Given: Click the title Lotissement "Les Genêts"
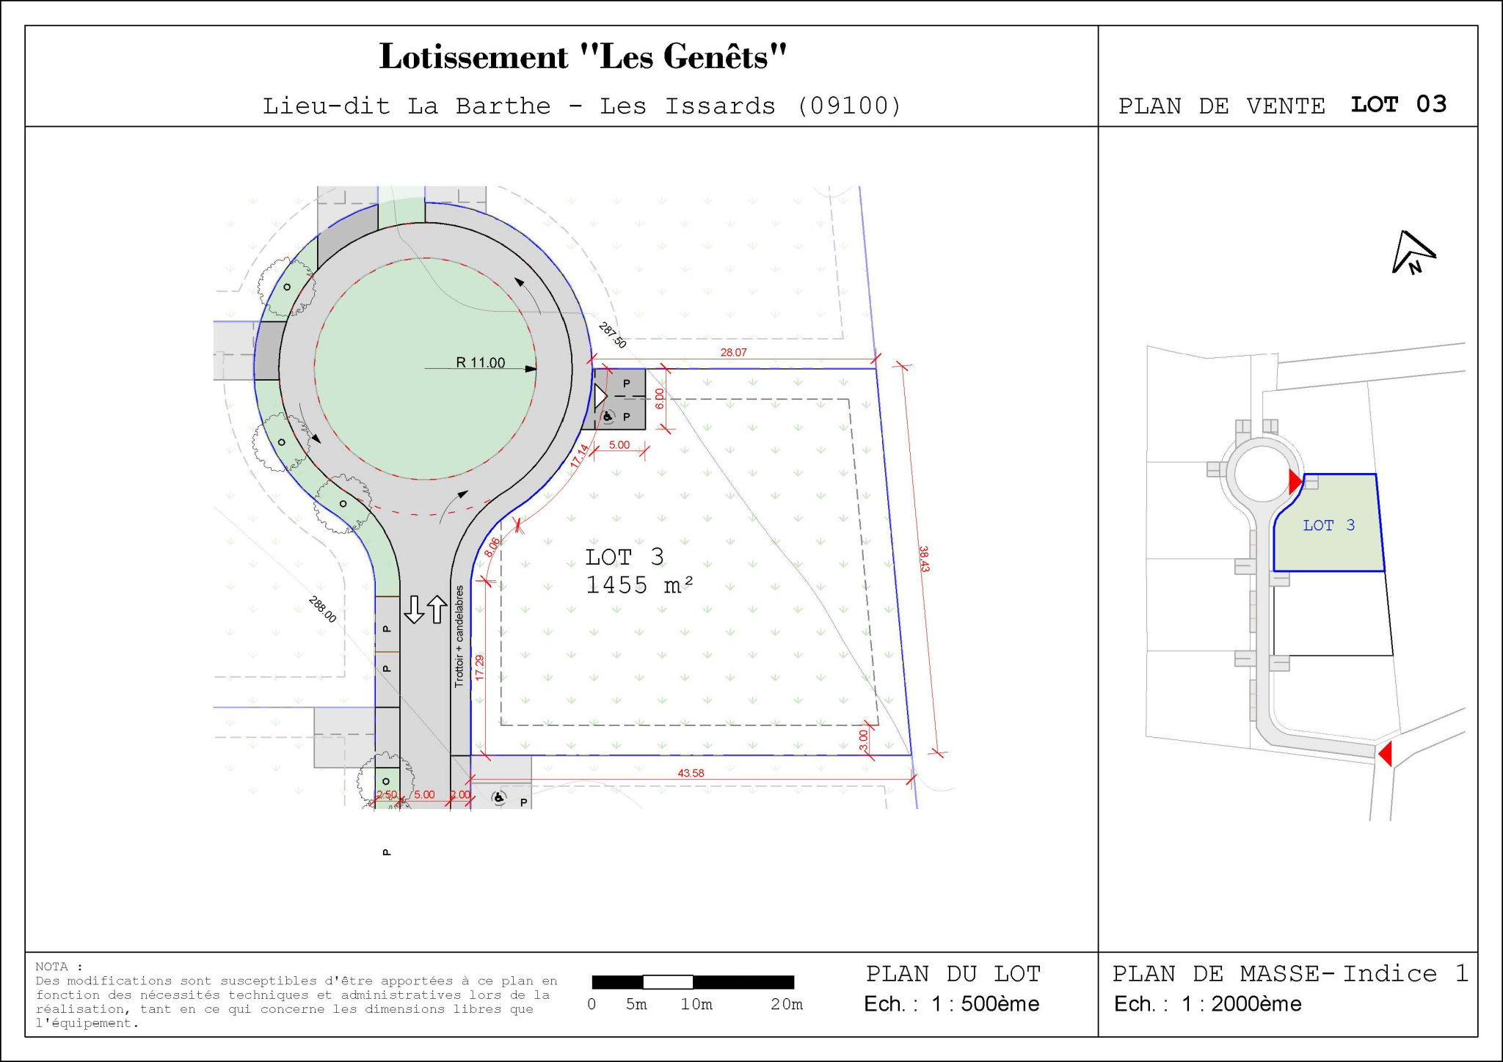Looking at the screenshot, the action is tap(583, 57).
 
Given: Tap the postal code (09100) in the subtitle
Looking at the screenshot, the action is tap(849, 106).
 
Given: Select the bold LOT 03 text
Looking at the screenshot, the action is tap(1399, 104).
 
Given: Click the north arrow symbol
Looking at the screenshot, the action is tap(1413, 252).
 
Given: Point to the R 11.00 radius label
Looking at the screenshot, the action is tap(481, 362).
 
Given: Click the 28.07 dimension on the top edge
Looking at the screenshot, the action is tap(733, 352).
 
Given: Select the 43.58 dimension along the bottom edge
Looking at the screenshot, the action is tap(691, 773).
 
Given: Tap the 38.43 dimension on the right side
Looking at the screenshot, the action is tap(924, 559).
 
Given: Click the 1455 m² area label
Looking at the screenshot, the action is tap(639, 585).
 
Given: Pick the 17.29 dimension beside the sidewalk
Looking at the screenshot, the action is tap(479, 667).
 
